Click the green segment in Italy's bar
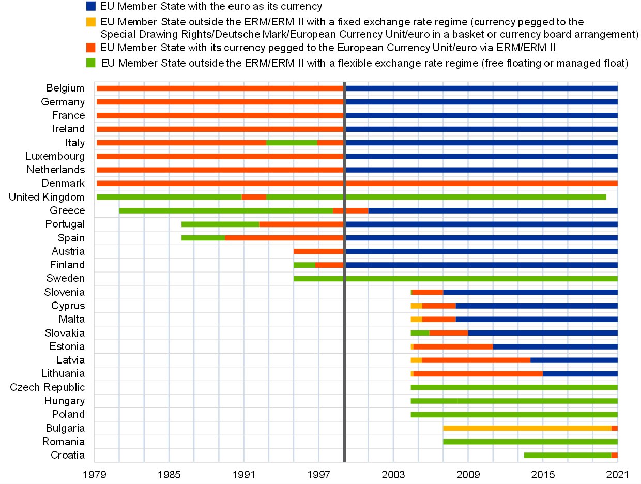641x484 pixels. pos(292,143)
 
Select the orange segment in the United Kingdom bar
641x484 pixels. pos(254,197)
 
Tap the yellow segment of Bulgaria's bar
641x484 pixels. pos(527,428)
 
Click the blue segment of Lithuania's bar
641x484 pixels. pos(580,374)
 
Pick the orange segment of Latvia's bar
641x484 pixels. pos(476,360)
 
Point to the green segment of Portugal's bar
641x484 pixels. pos(220,224)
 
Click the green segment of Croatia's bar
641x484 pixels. pos(568,455)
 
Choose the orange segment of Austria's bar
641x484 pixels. pos(318,251)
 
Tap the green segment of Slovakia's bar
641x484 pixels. pos(420,333)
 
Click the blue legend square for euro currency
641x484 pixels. pos(90,6)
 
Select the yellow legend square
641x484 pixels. pos(90,22)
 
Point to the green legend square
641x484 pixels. pos(90,63)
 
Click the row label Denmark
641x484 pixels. pos(63,184)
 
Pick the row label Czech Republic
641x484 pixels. pos(48,387)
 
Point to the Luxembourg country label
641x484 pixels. pos(55,156)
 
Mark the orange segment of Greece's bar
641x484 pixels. pos(350,210)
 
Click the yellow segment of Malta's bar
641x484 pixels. pos(417,319)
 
